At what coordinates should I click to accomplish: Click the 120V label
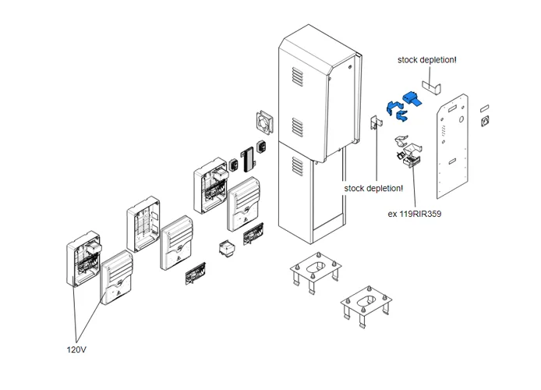(x=76, y=349)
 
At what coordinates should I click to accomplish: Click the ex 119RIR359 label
(x=414, y=213)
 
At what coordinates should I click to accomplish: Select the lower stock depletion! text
(x=373, y=188)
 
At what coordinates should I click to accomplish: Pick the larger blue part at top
(x=412, y=99)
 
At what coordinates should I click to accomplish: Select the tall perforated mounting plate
(x=452, y=148)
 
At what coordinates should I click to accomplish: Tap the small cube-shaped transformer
(x=228, y=249)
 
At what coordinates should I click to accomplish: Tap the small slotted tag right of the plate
(x=484, y=105)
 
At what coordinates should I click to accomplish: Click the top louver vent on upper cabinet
(x=297, y=77)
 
